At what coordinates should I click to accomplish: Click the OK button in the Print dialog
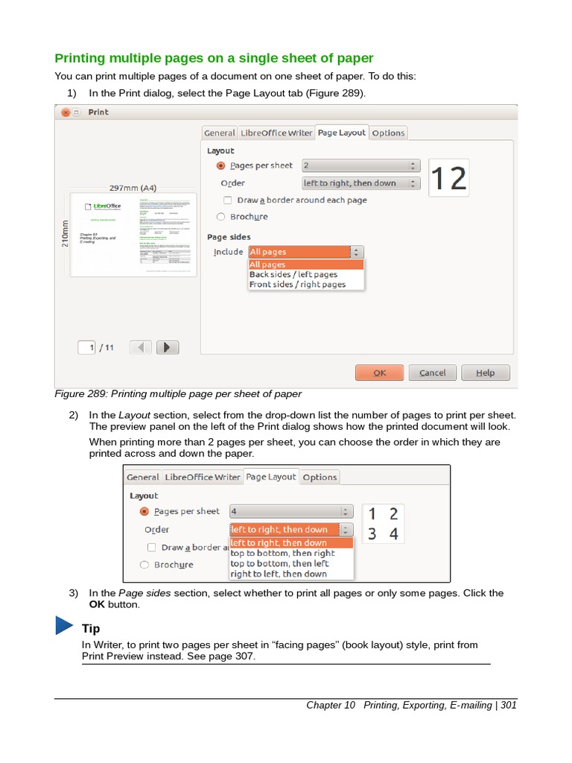[379, 373]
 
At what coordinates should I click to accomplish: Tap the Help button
[485, 373]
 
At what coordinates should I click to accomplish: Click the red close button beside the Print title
[66, 113]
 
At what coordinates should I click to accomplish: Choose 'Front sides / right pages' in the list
[297, 284]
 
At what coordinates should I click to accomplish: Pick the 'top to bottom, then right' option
[282, 553]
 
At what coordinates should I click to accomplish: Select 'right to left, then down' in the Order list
[279, 574]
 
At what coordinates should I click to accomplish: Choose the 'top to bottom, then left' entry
[279, 563]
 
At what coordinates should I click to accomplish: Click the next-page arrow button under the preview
[168, 347]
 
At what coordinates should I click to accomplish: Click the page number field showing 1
[88, 347]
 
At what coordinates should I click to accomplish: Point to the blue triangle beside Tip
[64, 627]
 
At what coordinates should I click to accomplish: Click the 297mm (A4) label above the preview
[133, 189]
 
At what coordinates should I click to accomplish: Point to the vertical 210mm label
[65, 234]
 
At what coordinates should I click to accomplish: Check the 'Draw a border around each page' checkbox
[228, 200]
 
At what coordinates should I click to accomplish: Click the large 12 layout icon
[448, 178]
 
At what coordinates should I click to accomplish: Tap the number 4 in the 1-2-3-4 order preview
[393, 534]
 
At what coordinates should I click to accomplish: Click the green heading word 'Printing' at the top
[81, 58]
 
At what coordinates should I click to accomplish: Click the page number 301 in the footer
[508, 705]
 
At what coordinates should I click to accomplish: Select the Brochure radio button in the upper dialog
[220, 217]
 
